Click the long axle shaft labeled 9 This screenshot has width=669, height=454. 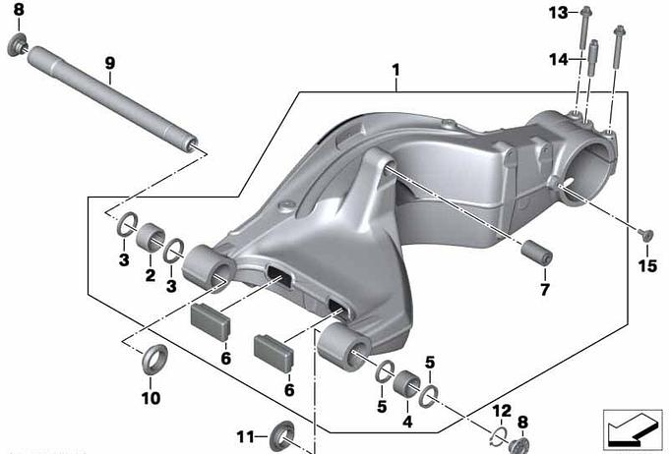(112, 98)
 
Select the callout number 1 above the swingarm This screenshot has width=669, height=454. (396, 71)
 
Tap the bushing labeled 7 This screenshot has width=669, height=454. (537, 253)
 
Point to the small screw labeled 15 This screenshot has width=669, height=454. (645, 234)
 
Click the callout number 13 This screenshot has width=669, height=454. (559, 13)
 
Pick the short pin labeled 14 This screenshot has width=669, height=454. (592, 58)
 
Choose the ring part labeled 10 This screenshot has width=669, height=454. (154, 360)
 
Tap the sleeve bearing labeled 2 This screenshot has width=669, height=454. (151, 237)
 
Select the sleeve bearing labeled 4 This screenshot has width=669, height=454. (406, 384)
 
